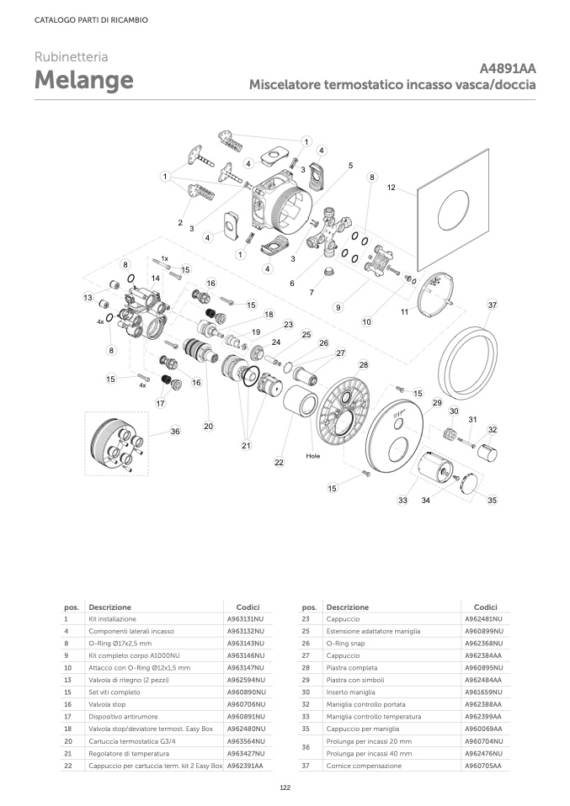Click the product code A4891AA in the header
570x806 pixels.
point(507,68)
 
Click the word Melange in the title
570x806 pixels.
point(84,80)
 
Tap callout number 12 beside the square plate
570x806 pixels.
point(392,188)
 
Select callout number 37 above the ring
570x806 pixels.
point(493,305)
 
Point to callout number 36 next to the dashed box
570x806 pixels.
point(175,432)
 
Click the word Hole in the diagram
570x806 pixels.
point(312,456)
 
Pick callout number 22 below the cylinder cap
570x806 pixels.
point(279,462)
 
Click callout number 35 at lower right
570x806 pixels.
point(493,500)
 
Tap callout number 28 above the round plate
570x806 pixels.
point(364,365)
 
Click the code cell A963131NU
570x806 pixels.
point(245,619)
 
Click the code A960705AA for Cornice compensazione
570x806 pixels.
point(483,766)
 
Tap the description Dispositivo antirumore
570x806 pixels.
point(123,717)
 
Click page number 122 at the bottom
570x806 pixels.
point(285,787)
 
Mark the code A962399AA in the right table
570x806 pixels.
point(483,717)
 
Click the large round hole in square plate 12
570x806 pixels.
point(454,210)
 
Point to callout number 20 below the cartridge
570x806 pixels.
point(208,426)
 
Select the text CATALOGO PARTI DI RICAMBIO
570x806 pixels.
point(91,20)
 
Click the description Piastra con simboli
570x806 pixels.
point(355,680)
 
